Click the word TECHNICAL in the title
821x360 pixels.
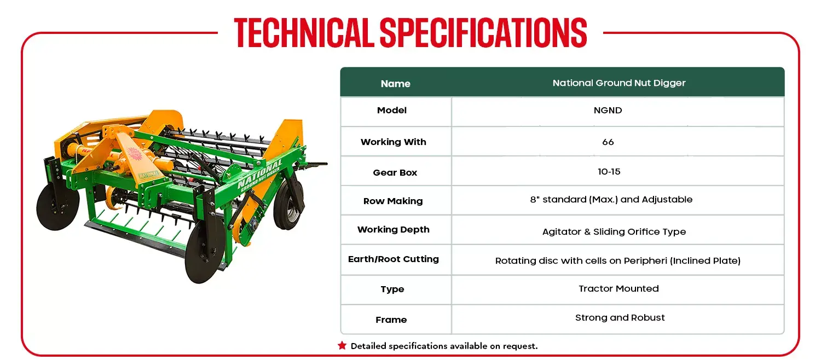[x=304, y=33]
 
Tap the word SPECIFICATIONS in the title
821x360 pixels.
[x=483, y=33]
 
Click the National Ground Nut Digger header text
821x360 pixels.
[x=619, y=83]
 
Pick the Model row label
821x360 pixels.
[x=392, y=110]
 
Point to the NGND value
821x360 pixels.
[x=608, y=110]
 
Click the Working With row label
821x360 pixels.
[x=394, y=142]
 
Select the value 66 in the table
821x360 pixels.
[x=608, y=142]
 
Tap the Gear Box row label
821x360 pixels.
[x=395, y=172]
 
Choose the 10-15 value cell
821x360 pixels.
[x=609, y=171]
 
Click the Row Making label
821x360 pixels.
[x=393, y=201]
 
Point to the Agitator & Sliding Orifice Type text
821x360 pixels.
[x=614, y=231]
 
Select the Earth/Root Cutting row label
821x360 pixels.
[x=394, y=259]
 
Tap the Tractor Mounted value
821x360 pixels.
[x=618, y=288]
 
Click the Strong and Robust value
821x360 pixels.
[x=620, y=317]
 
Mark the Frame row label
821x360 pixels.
[x=391, y=320]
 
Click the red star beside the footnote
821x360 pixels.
[x=342, y=345]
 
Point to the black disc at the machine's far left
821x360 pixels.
[x=57, y=207]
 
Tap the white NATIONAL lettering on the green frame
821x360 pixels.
[x=259, y=175]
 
